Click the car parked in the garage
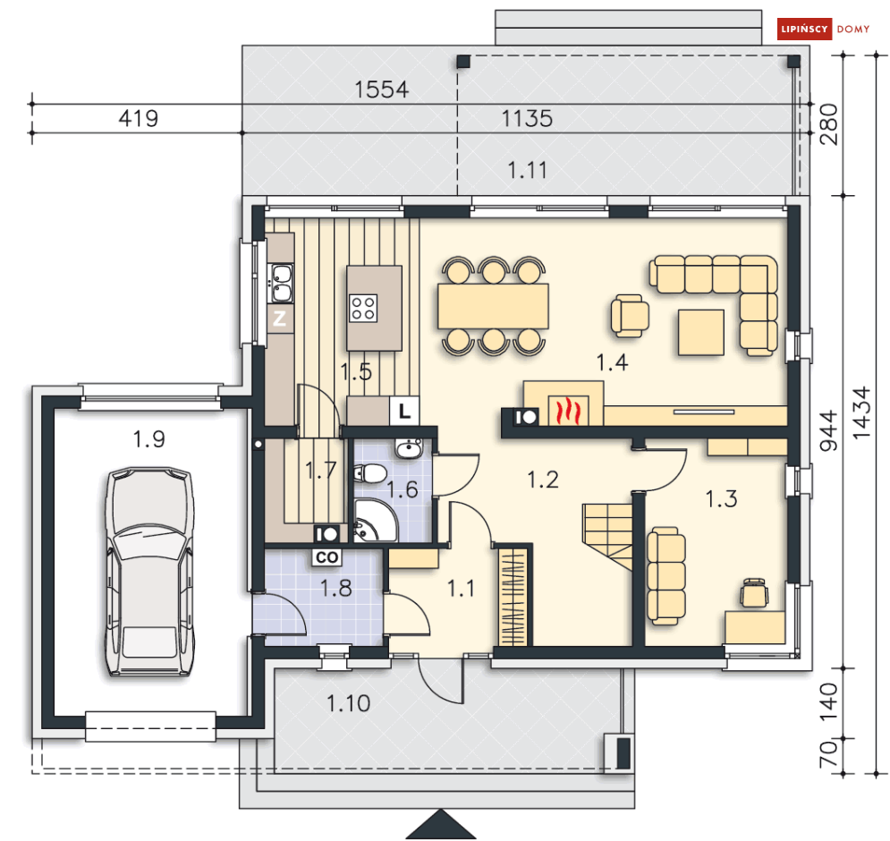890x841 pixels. tap(149, 573)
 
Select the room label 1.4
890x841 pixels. tap(613, 361)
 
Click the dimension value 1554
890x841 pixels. tap(381, 89)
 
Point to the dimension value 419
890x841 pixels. tap(138, 118)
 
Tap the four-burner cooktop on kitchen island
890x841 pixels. tap(363, 308)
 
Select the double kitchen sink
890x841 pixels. tap(281, 282)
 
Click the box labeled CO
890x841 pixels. tap(326, 556)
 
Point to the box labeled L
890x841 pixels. tap(404, 412)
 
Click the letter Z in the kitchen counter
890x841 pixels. tap(279, 319)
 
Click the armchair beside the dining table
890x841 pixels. tap(629, 316)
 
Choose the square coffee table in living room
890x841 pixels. tap(700, 332)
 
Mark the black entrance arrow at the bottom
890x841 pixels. tap(439, 824)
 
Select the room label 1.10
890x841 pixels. tap(348, 703)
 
